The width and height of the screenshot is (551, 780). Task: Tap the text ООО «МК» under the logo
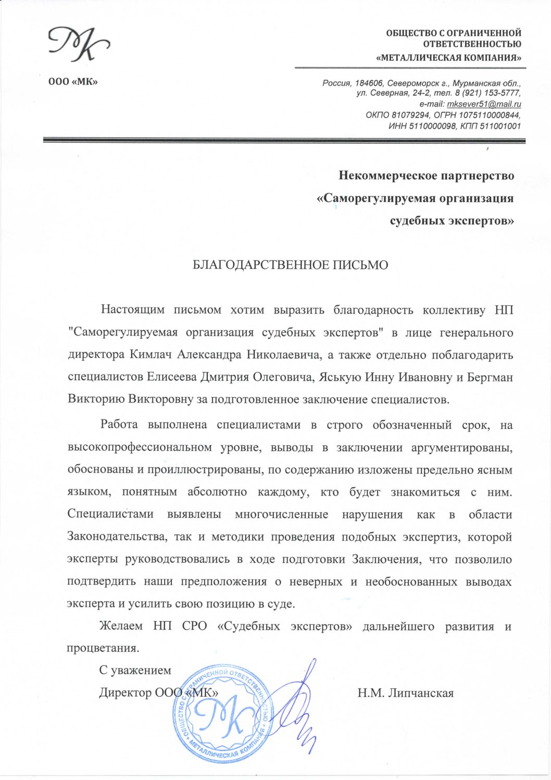(x=73, y=82)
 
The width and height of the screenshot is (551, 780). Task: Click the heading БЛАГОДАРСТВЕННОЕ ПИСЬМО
(x=291, y=265)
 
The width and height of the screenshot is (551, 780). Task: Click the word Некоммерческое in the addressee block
(x=386, y=176)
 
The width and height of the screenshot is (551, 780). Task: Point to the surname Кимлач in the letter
(x=153, y=355)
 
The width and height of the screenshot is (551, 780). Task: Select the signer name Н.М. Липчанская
(x=405, y=693)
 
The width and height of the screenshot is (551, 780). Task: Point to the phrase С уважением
(x=135, y=671)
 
